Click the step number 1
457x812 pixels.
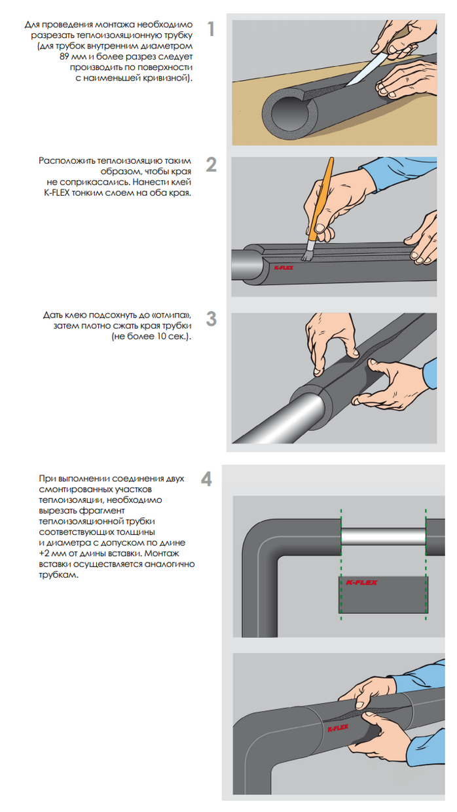(211, 29)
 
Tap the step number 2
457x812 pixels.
(211, 164)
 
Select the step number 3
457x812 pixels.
(211, 319)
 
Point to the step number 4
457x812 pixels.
(207, 479)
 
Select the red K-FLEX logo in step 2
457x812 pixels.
(283, 268)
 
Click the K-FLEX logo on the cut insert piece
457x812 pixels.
(361, 583)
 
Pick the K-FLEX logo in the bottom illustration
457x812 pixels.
(338, 728)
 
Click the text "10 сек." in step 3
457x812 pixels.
(172, 337)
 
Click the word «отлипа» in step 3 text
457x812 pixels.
(172, 314)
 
